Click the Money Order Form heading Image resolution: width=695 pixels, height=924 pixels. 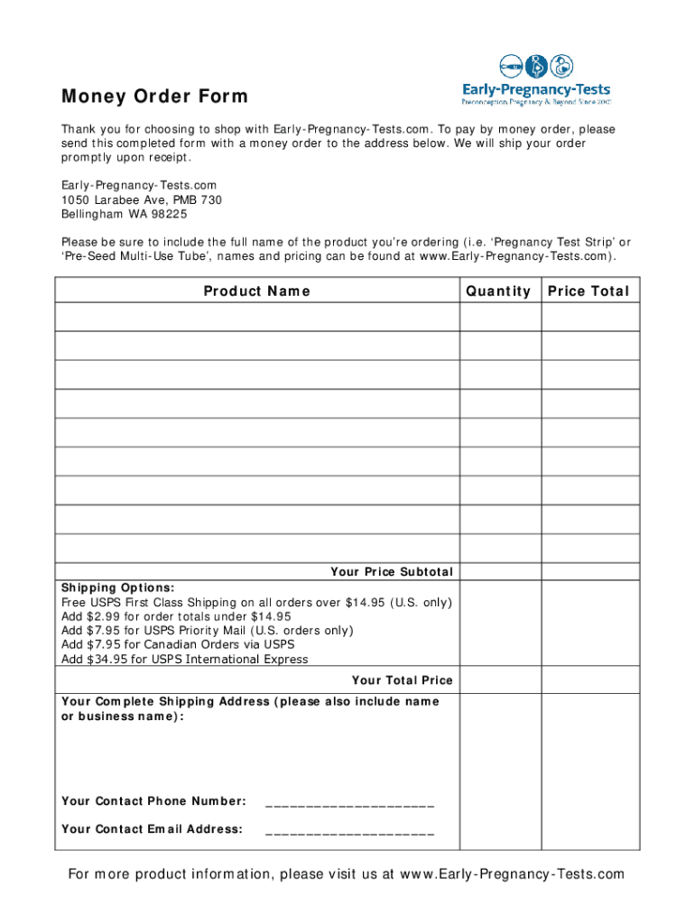point(154,97)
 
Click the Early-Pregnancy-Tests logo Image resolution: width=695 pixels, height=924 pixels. point(536,80)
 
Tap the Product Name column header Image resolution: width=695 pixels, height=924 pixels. point(257,291)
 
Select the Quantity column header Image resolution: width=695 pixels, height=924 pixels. point(498,291)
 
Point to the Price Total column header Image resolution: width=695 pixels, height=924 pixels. point(588,291)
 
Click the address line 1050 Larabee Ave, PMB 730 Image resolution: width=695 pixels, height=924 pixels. point(142,199)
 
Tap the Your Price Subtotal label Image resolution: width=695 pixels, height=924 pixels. point(392,572)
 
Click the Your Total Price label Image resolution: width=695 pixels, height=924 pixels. point(402,680)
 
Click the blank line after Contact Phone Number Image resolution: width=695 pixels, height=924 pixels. point(350,803)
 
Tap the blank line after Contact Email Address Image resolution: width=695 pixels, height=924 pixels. point(350,831)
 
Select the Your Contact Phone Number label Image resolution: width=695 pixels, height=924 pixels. point(153,801)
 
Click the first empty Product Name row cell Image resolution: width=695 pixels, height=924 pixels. point(257,318)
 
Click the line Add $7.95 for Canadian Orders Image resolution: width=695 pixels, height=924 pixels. point(178,645)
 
